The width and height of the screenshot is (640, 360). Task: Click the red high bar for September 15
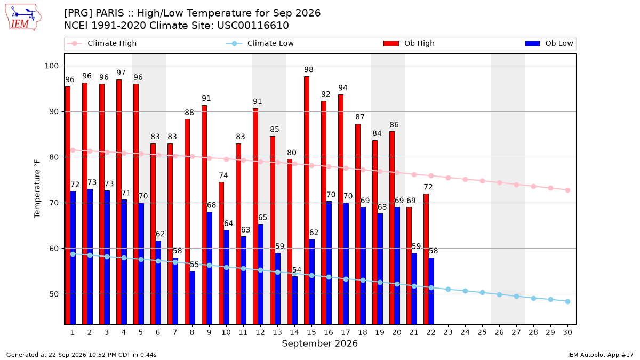307,201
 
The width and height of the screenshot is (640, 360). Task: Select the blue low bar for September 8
193,298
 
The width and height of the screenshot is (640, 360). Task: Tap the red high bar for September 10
221,253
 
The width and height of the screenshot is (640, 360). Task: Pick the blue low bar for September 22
431,291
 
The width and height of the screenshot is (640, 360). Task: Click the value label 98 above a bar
309,69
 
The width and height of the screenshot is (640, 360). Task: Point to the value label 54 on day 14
297,270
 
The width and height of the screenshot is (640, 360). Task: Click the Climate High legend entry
101,43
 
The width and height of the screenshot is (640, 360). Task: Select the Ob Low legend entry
549,43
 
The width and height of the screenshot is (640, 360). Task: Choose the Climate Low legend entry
260,43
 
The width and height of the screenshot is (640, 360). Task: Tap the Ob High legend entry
409,43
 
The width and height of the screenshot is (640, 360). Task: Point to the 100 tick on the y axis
51,66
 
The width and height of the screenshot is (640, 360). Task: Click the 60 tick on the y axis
54,249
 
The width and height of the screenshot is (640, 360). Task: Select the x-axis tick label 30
567,332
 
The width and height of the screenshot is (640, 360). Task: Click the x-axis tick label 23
448,332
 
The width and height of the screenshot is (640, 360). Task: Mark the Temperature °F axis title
37,189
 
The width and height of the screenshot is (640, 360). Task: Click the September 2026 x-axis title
319,343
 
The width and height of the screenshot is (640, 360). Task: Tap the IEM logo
23,18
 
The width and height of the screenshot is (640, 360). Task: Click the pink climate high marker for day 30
567,190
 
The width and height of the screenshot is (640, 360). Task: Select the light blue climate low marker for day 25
482,293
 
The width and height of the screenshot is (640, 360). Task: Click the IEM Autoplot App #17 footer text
601,355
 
